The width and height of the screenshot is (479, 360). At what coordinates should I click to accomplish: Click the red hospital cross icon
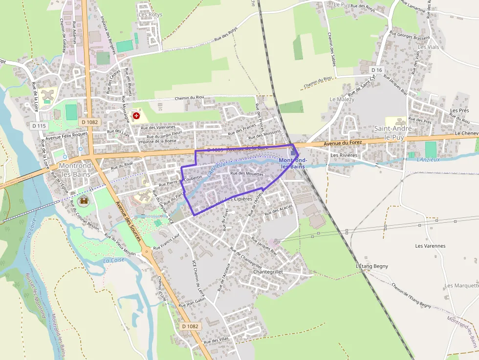pos(136,116)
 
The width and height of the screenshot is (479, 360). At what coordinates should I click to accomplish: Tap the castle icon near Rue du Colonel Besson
pos(84,200)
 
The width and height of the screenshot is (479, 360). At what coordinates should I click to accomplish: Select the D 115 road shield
pos(39,126)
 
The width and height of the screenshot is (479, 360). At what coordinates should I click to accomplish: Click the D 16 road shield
pos(376,70)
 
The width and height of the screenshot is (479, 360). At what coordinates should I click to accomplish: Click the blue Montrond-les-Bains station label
pos(293,163)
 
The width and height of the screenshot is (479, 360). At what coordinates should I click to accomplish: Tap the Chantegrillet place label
pos(268,271)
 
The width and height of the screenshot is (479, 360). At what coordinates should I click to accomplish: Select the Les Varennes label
pos(430,246)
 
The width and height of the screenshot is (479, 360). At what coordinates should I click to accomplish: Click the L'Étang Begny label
pos(372,266)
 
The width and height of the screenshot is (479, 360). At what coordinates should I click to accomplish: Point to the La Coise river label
pos(114,260)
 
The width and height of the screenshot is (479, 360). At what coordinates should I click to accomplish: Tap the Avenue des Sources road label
pos(128,223)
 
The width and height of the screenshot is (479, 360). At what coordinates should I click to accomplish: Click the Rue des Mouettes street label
pos(247,173)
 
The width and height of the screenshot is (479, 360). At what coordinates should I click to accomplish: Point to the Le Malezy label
pos(342,99)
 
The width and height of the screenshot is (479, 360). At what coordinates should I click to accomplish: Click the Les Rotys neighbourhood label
pos(150,15)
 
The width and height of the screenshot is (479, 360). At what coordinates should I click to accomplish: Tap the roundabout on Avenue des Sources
pos(147,253)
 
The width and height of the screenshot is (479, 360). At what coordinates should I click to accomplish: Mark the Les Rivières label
pos(344,155)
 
